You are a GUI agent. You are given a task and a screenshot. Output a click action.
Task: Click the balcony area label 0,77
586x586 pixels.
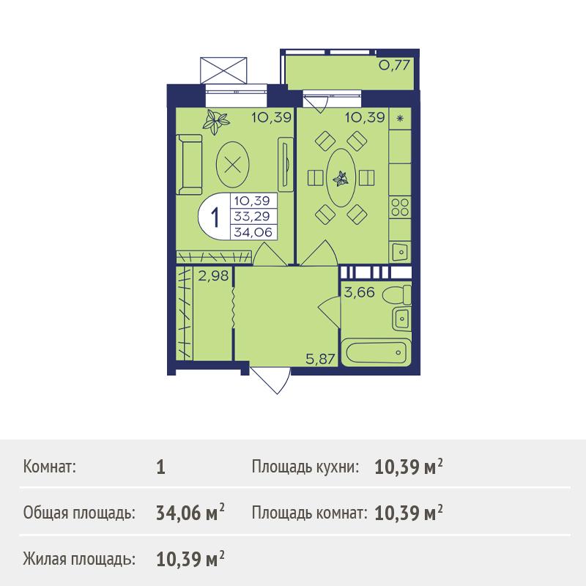point(394,65)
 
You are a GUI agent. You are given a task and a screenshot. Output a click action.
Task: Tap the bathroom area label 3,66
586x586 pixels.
point(359,292)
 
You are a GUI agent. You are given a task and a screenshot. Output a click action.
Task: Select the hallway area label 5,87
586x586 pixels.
point(320,359)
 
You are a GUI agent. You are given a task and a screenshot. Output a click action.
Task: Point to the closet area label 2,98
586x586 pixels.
point(213,276)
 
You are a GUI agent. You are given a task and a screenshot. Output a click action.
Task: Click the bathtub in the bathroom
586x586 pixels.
point(376,352)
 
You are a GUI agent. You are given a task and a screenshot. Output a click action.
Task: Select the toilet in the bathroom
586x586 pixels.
point(396,294)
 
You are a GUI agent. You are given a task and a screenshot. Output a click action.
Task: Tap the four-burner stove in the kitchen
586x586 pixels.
point(400,207)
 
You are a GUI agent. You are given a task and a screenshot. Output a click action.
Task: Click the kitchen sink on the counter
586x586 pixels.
point(400,251)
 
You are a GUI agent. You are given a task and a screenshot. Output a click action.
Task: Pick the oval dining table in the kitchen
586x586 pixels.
point(341,178)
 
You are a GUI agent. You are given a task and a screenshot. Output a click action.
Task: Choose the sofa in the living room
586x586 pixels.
point(189,164)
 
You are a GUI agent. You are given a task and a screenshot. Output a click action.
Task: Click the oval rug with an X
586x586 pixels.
point(233,164)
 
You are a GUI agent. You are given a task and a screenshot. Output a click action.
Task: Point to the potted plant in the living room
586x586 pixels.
point(215,121)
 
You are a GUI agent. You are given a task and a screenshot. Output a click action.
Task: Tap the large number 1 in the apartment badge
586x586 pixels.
point(215,218)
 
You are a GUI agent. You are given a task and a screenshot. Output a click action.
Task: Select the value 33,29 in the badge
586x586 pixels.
point(252,216)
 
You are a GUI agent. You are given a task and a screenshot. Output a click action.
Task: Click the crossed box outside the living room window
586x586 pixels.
point(223,70)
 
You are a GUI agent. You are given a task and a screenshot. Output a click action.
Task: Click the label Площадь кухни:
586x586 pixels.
point(305,467)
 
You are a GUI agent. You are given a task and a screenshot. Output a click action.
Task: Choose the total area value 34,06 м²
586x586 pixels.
point(190,512)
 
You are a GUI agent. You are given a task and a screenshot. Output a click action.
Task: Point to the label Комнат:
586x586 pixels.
point(50,467)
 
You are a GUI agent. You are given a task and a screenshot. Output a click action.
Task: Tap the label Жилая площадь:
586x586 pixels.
point(79,560)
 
